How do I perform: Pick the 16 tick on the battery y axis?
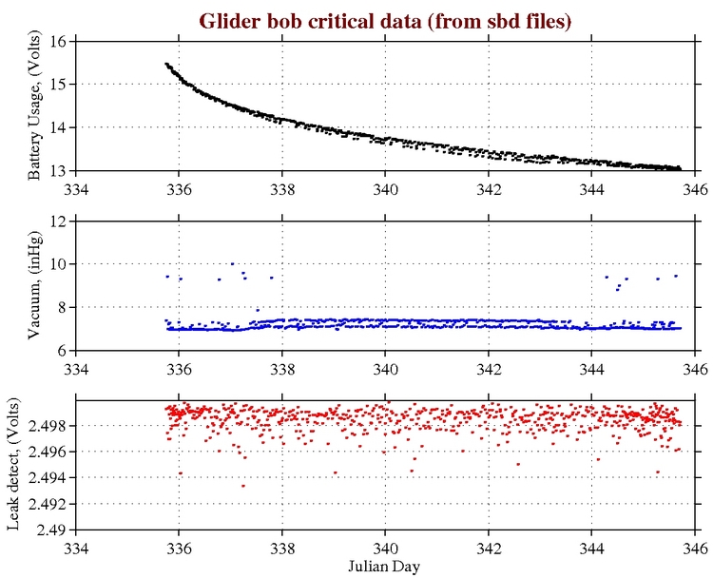[x=56, y=41]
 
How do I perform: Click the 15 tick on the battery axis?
[x=56, y=84]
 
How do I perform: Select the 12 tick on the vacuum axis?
[x=56, y=221]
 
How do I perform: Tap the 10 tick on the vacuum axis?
[x=56, y=263]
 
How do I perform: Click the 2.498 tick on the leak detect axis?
[x=46, y=426]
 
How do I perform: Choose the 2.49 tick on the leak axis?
[x=49, y=530]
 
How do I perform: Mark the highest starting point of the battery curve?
[x=166, y=64]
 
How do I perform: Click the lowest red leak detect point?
[x=243, y=486]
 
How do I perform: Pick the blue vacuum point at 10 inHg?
[x=232, y=264]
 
